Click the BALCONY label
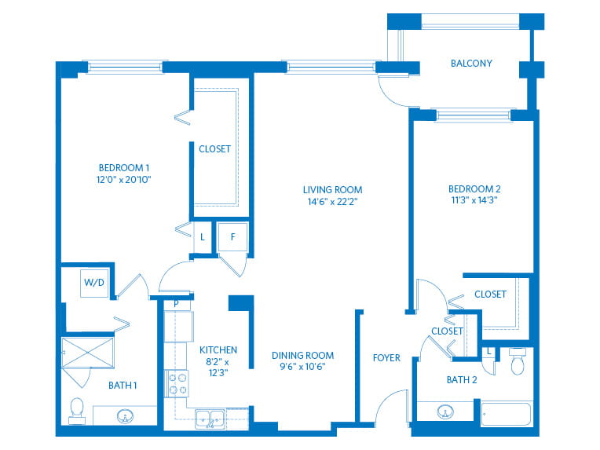471,63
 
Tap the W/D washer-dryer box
94,284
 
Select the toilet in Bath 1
77,412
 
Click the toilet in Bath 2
518,361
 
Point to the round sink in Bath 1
125,415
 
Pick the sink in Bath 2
445,412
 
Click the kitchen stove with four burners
177,383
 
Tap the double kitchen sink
210,419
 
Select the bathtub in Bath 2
506,413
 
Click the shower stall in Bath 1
88,353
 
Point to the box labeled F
232,237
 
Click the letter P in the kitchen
176,304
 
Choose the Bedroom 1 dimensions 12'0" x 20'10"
123,180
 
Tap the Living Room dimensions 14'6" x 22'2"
332,201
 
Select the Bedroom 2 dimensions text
474,199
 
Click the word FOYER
386,358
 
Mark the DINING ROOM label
302,356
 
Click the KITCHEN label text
218,349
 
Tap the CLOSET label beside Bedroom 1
214,149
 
